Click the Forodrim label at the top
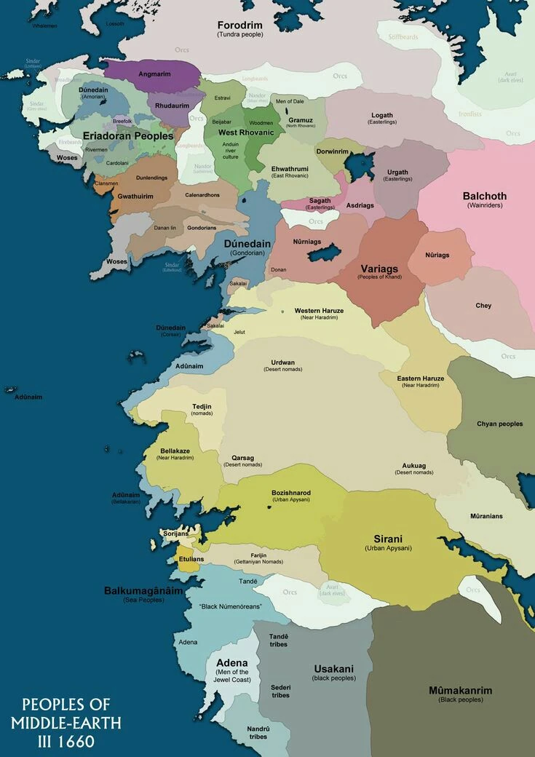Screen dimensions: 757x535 click(x=239, y=25)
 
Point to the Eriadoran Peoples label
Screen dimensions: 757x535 click(x=128, y=136)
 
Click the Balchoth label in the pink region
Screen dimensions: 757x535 click(x=484, y=197)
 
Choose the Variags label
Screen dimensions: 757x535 click(x=379, y=269)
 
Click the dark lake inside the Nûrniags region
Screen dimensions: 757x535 click(x=323, y=253)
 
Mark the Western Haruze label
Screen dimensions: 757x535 click(x=319, y=311)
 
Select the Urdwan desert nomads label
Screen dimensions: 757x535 click(x=282, y=362)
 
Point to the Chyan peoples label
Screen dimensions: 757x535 click(x=499, y=424)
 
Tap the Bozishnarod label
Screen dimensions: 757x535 click(x=290, y=493)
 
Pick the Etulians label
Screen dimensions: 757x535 click(x=191, y=559)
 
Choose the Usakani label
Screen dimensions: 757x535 click(x=333, y=668)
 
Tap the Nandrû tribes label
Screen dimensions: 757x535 click(x=258, y=732)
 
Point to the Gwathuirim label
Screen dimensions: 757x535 click(x=135, y=197)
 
